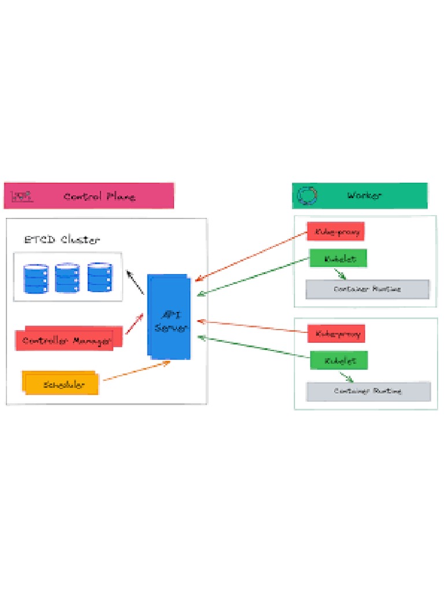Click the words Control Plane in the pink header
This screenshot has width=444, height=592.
coord(99,196)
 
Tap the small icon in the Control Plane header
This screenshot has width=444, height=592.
coord(23,196)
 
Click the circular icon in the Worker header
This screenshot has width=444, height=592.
coord(307,195)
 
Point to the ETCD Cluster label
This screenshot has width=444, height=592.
coord(62,239)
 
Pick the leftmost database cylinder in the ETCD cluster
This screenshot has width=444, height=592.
coord(36,278)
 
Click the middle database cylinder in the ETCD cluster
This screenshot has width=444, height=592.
coord(68,278)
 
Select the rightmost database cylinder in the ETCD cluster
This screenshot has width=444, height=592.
coord(99,277)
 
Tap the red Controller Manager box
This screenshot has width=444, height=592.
coord(68,339)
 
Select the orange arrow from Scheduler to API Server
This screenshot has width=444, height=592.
coord(136,371)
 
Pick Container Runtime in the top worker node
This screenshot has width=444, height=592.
coord(367,289)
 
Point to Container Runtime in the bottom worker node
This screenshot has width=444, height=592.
coord(368,391)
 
